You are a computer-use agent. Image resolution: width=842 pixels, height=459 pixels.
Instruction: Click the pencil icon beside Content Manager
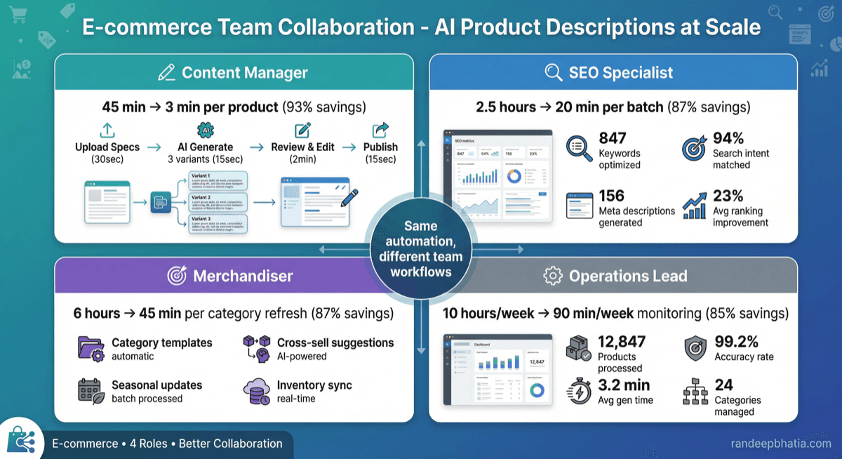166,72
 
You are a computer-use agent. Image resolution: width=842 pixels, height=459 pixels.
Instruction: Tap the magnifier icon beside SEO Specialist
553,72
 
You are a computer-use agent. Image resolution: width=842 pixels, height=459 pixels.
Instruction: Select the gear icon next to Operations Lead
553,276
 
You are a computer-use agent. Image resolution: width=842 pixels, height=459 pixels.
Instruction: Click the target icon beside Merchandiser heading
177,276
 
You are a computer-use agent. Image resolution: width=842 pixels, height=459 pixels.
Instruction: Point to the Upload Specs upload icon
107,130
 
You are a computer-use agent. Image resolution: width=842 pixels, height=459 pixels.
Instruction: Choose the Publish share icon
380,130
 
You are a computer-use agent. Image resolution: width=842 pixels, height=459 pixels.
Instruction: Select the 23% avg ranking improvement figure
728,197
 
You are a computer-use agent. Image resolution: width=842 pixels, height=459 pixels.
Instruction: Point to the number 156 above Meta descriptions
612,197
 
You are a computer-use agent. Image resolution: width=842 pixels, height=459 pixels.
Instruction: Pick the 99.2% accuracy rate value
736,342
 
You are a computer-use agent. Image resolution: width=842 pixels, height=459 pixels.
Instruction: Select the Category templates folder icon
91,349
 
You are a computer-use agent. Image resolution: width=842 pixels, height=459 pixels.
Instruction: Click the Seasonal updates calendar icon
91,391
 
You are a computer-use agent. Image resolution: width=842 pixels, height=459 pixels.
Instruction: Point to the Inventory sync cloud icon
257,391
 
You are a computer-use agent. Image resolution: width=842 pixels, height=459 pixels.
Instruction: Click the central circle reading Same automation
420,248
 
